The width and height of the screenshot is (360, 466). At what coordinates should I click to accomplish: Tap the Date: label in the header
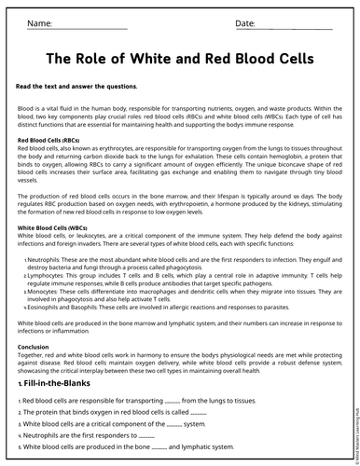pyautogui.click(x=245, y=22)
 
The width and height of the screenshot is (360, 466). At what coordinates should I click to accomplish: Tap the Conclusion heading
pyautogui.click(x=34, y=347)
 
